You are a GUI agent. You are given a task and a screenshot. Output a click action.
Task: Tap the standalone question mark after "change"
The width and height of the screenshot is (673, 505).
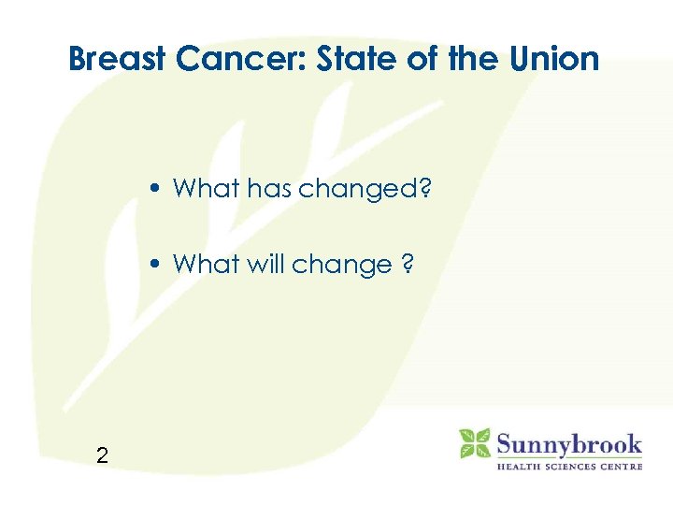pyautogui.click(x=408, y=265)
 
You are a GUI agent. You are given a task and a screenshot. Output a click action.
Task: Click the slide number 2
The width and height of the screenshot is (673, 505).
pyautogui.click(x=102, y=455)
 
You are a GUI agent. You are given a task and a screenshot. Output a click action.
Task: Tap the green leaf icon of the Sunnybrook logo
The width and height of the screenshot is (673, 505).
pyautogui.click(x=474, y=443)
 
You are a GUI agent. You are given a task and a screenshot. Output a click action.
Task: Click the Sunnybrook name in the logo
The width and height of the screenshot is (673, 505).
pyautogui.click(x=569, y=443)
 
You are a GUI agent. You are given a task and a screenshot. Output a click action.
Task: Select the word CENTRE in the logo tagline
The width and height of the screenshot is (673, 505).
pyautogui.click(x=621, y=466)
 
